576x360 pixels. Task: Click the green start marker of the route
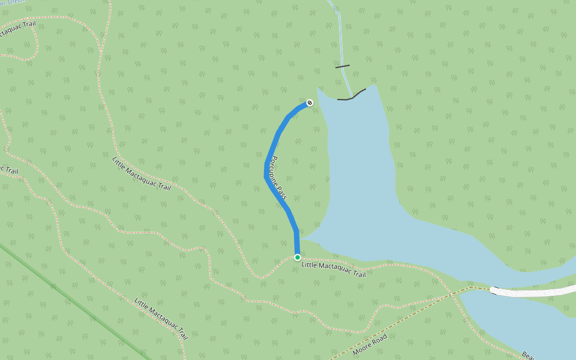[x=297, y=257]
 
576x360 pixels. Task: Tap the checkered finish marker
[x=310, y=103]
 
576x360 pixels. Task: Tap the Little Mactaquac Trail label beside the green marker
[x=333, y=269]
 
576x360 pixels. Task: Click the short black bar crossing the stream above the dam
[x=342, y=66]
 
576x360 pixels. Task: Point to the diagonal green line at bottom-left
[x=72, y=300]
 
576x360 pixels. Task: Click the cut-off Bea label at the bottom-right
[x=527, y=355]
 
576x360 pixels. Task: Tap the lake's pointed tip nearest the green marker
[x=301, y=239]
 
